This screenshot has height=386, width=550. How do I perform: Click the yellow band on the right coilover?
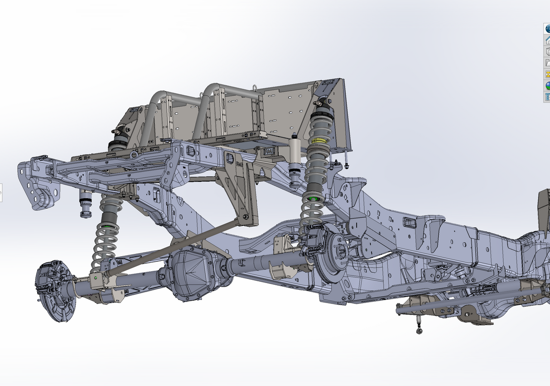pos(319,140)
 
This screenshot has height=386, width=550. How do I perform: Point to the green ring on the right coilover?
pos(312,198)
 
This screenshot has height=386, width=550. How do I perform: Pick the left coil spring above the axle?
pos(105,240)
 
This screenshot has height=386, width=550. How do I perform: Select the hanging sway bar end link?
pos(419,325)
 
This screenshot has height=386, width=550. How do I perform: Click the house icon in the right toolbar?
pos(547,40)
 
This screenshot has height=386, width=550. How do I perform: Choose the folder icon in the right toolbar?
pos(547,63)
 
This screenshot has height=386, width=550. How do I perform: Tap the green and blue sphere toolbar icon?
pos(547,85)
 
